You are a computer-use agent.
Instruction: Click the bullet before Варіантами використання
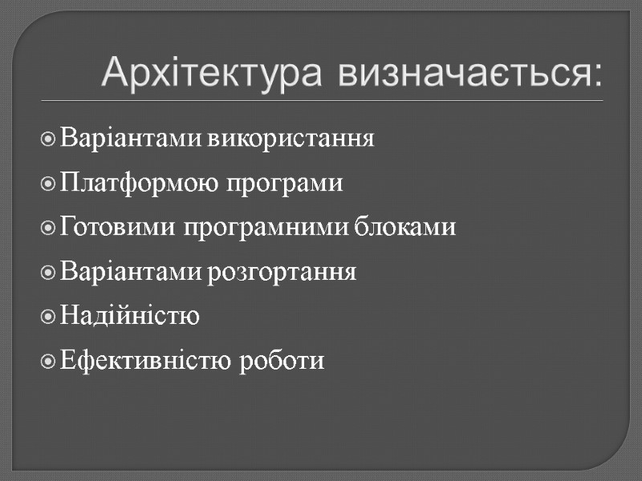[x=48, y=139]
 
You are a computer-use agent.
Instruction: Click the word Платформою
[x=134, y=184]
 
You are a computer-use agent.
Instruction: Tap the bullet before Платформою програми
[x=48, y=184]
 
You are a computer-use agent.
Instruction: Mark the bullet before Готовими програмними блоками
[x=48, y=229]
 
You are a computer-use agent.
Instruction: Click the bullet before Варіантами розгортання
[x=48, y=273]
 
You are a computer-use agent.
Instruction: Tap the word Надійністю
[x=129, y=317]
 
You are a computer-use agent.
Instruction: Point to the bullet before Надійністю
[x=48, y=317]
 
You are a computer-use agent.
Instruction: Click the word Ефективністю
[x=146, y=361]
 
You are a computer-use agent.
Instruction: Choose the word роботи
[x=282, y=361]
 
